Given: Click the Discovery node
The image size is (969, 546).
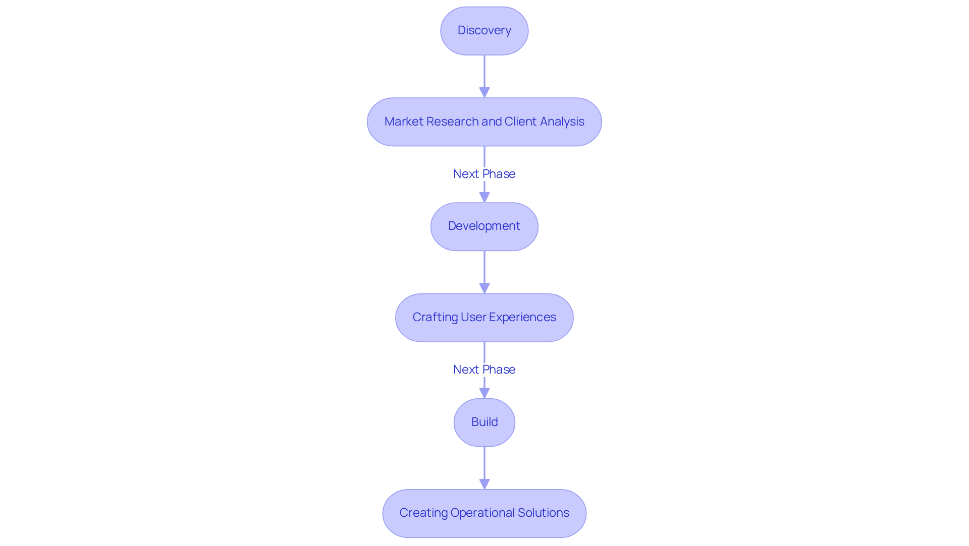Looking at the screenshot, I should pyautogui.click(x=484, y=31).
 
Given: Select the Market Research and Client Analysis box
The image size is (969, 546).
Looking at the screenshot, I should pyautogui.click(x=484, y=122).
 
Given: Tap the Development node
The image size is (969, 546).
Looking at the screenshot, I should pyautogui.click(x=484, y=226).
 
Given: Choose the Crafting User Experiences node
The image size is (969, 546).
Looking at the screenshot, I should pyautogui.click(x=484, y=318).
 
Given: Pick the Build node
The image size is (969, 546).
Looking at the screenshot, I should pyautogui.click(x=484, y=422).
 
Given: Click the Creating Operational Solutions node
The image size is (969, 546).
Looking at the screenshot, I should pyautogui.click(x=484, y=513).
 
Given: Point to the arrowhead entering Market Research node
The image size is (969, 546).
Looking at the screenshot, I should pyautogui.click(x=484, y=92).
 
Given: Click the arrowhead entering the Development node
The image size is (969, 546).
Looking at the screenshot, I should pyautogui.click(x=484, y=197).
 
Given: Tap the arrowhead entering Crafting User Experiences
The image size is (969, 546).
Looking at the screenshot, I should pyautogui.click(x=484, y=288).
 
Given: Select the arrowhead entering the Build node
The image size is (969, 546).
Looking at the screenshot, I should pyautogui.click(x=484, y=393).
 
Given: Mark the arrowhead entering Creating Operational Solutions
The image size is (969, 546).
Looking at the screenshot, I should pyautogui.click(x=484, y=483).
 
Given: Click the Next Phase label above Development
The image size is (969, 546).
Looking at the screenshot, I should pyautogui.click(x=484, y=174).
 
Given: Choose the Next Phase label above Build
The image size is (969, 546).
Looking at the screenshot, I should pyautogui.click(x=484, y=370).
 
